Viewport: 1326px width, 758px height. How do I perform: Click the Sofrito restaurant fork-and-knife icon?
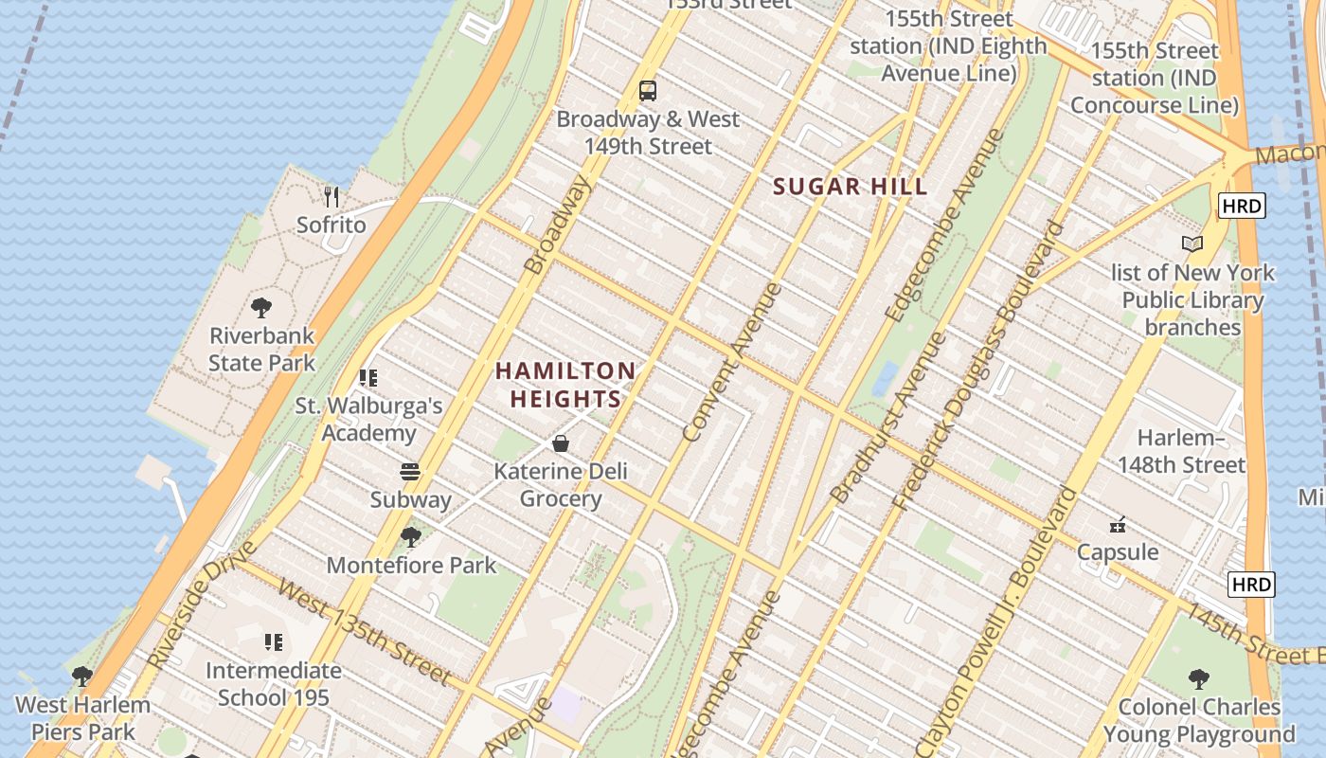[x=331, y=197]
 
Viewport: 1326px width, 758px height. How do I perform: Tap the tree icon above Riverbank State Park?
[x=261, y=308]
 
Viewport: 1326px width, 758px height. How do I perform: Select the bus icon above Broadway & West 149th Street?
[x=648, y=91]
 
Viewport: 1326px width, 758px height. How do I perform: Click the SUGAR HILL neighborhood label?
[x=850, y=187]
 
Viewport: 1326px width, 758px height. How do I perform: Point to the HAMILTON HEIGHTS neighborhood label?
[x=565, y=385]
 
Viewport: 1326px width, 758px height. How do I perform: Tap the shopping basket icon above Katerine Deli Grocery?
[x=561, y=443]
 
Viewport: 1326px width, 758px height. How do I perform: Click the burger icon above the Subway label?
[x=410, y=472]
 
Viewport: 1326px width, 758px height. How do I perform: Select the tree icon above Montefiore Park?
[x=410, y=537]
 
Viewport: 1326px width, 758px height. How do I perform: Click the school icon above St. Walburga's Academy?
[x=368, y=378]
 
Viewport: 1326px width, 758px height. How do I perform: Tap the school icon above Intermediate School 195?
[x=274, y=642]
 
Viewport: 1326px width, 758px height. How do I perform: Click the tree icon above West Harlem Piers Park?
[x=82, y=677]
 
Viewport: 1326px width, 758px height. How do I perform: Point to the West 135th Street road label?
[x=363, y=630]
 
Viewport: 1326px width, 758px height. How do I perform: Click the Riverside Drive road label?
[x=201, y=605]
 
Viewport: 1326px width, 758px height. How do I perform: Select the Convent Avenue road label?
[x=732, y=362]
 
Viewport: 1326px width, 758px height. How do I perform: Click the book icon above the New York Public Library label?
[x=1192, y=244]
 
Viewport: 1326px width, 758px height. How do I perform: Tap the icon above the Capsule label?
[x=1118, y=524]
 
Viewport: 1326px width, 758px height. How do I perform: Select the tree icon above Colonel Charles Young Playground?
[x=1199, y=678]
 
